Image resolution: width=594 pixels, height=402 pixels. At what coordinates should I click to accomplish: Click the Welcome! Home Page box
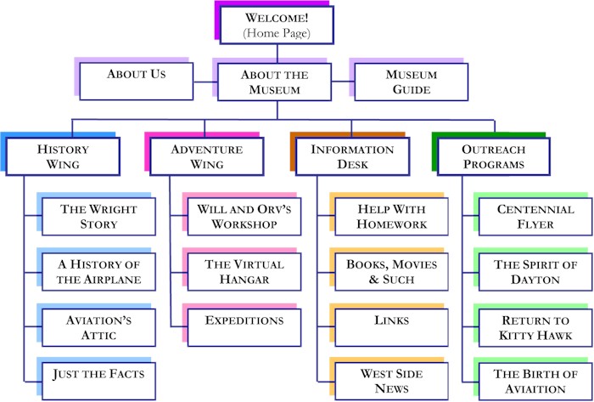(x=277, y=25)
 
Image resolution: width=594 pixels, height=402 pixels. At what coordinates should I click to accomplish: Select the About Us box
(x=137, y=81)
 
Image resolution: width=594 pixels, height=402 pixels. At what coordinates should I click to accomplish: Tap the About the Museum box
(x=275, y=82)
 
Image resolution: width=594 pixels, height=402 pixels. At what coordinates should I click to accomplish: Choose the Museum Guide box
(x=411, y=82)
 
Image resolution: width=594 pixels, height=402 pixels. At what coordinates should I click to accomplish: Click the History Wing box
(x=63, y=156)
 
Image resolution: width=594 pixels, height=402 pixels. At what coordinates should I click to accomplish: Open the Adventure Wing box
(x=207, y=156)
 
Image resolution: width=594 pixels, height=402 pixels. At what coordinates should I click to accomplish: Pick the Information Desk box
(x=352, y=156)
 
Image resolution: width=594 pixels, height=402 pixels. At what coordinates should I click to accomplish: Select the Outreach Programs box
(x=494, y=156)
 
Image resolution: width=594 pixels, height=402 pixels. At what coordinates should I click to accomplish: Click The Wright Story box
(x=98, y=217)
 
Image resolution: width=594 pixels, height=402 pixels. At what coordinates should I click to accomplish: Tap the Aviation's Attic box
(x=98, y=327)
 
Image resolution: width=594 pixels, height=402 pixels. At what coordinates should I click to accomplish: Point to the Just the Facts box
(x=98, y=381)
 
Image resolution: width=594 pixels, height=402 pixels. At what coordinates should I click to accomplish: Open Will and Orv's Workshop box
(x=244, y=217)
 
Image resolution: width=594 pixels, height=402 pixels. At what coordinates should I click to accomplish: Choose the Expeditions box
(x=244, y=327)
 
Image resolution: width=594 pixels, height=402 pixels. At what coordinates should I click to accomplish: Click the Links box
(x=392, y=327)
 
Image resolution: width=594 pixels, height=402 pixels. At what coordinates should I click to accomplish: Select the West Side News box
(x=392, y=381)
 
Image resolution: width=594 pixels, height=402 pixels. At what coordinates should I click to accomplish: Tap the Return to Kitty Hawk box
(x=535, y=327)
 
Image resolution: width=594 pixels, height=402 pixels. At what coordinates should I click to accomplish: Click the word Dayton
(x=535, y=280)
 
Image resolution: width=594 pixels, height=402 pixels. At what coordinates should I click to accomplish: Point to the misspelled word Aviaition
(x=535, y=389)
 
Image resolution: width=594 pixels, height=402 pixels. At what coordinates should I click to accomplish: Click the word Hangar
(x=244, y=280)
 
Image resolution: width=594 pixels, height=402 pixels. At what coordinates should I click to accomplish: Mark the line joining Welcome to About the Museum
(x=277, y=54)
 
